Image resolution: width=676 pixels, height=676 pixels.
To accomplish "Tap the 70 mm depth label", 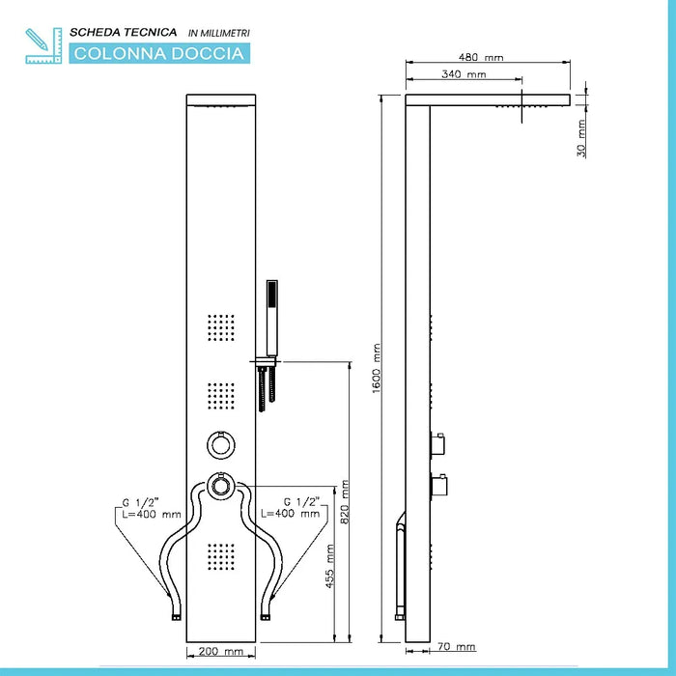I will pos(459,647).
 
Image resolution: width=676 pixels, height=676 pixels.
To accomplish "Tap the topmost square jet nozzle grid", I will pos(221,328).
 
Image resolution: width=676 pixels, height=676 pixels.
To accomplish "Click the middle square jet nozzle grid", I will pos(221,397).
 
